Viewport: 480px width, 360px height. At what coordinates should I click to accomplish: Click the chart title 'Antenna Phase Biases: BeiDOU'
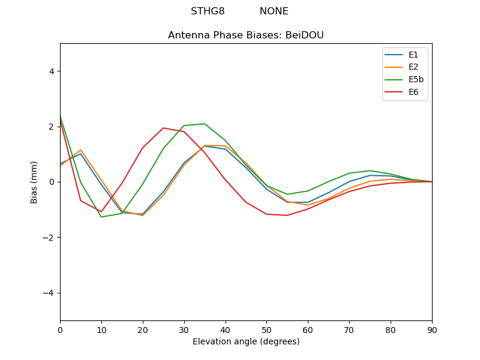[x=245, y=35]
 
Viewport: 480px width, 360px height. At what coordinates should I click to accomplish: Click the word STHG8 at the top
[x=208, y=11]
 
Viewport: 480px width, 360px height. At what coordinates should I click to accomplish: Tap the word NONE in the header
[x=274, y=11]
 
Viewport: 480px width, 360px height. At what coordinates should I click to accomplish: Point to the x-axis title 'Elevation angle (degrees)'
[x=245, y=342]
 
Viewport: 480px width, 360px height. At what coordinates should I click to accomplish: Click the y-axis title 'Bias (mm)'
[x=34, y=182]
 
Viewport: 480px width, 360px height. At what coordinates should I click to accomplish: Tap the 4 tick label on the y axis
[x=51, y=71]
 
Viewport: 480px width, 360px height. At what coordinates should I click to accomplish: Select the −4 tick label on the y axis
[x=49, y=293]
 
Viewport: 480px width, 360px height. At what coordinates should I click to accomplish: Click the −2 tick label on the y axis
[x=49, y=238]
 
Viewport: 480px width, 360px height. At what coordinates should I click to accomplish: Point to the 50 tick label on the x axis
[x=266, y=329]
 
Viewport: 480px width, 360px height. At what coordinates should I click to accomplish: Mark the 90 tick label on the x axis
[x=431, y=329]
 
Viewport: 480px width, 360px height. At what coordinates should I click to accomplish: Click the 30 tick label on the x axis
[x=184, y=329]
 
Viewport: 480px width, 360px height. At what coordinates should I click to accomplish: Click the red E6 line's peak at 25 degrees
[x=163, y=128]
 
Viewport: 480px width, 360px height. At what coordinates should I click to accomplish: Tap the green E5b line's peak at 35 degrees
[x=205, y=124]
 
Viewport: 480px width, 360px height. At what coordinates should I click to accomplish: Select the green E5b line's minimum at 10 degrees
[x=101, y=217]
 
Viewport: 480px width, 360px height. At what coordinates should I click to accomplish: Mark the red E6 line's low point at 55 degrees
[x=287, y=215]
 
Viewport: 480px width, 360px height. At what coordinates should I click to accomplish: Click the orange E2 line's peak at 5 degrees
[x=80, y=150]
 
